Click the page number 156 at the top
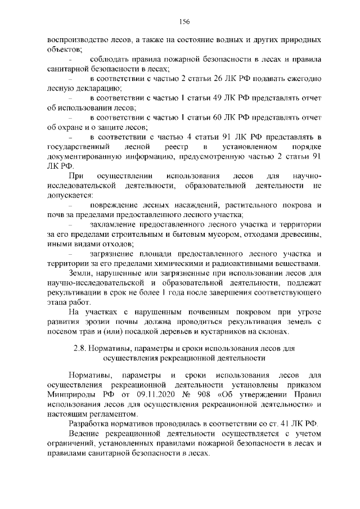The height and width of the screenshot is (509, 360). (x=183, y=22)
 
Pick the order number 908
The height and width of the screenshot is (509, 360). (x=188, y=394)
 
